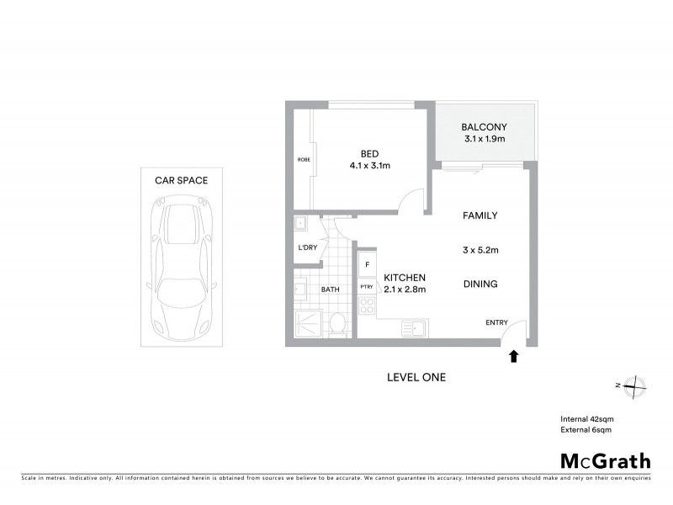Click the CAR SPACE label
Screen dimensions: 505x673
[181, 180]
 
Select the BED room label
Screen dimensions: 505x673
[369, 153]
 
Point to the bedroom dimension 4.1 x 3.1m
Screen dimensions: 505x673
[369, 166]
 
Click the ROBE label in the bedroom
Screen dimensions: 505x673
[302, 159]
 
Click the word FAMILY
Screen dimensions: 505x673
[480, 215]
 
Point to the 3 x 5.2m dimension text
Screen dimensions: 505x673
[480, 251]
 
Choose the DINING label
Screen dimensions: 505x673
[480, 284]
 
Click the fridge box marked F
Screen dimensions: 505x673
[367, 264]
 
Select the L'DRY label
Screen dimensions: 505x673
[307, 247]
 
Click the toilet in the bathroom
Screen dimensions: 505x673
[336, 322]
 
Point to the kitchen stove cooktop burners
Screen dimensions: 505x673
[367, 306]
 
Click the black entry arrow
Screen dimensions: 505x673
[513, 357]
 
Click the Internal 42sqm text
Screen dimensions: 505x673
[586, 419]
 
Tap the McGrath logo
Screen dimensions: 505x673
[605, 460]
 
